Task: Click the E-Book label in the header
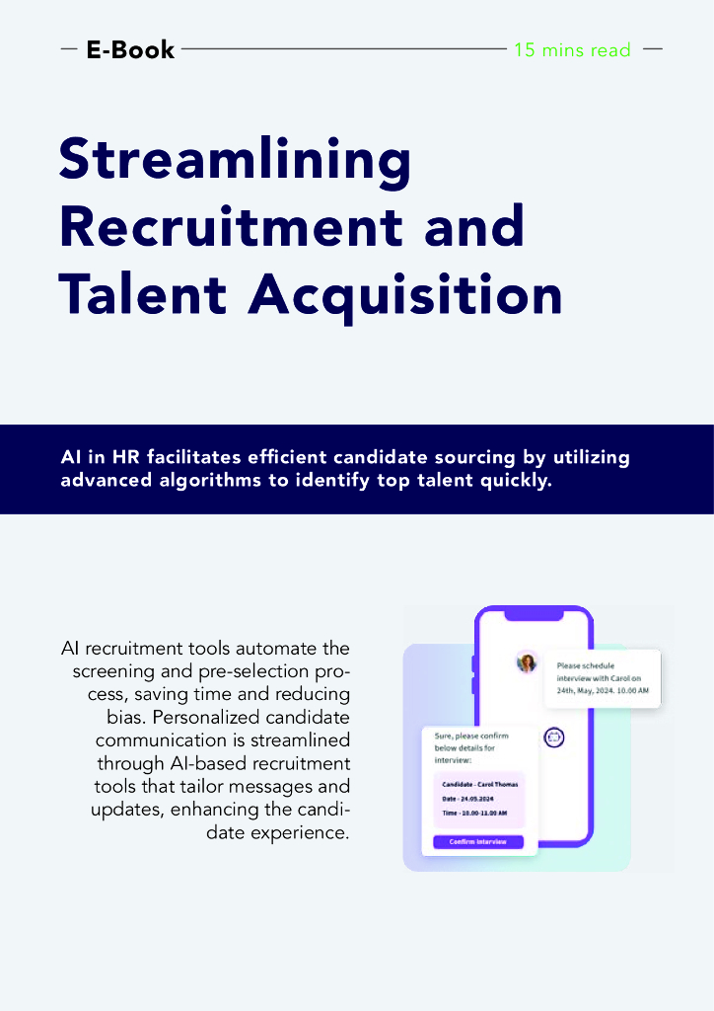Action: (x=130, y=49)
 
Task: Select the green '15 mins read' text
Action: (x=572, y=49)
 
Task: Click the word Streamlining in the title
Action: (x=235, y=160)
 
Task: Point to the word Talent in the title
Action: (x=142, y=293)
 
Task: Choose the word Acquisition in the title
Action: (x=404, y=293)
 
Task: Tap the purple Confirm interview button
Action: (x=478, y=841)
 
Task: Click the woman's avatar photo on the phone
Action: (x=528, y=662)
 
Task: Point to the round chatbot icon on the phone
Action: (x=553, y=737)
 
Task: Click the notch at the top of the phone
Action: (x=534, y=615)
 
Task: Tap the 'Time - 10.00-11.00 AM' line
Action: (x=475, y=813)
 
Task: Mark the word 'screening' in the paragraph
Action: (x=113, y=670)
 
